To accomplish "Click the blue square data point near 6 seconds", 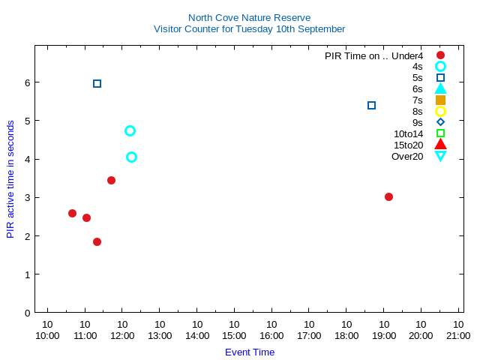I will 97,83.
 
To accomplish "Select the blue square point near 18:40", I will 371,105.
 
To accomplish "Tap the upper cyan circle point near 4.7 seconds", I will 130,130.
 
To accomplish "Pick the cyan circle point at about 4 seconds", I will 131,157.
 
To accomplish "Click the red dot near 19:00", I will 388,196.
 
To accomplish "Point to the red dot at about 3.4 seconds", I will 111,180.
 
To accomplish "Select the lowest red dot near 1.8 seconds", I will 97,241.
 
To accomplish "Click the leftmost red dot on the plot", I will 72,213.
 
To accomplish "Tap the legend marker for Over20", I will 440,156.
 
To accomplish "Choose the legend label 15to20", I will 408,145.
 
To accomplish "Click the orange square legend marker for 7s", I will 440,100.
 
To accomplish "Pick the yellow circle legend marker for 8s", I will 440,111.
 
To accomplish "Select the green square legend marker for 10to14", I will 440,133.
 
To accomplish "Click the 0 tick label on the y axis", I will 27,313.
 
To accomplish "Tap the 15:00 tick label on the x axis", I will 234,335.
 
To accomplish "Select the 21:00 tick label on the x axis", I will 458,335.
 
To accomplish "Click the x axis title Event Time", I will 250,352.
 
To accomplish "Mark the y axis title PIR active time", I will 10,180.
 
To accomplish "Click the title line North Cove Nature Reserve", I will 249,17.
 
